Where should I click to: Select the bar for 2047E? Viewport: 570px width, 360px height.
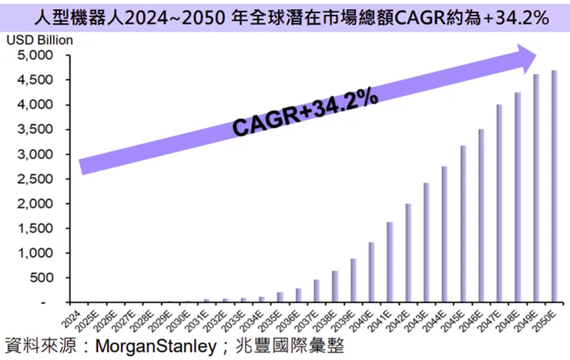tap(499, 204)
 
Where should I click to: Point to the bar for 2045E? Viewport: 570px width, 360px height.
tap(463, 224)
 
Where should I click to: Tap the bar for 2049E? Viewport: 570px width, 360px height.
tap(535, 188)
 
